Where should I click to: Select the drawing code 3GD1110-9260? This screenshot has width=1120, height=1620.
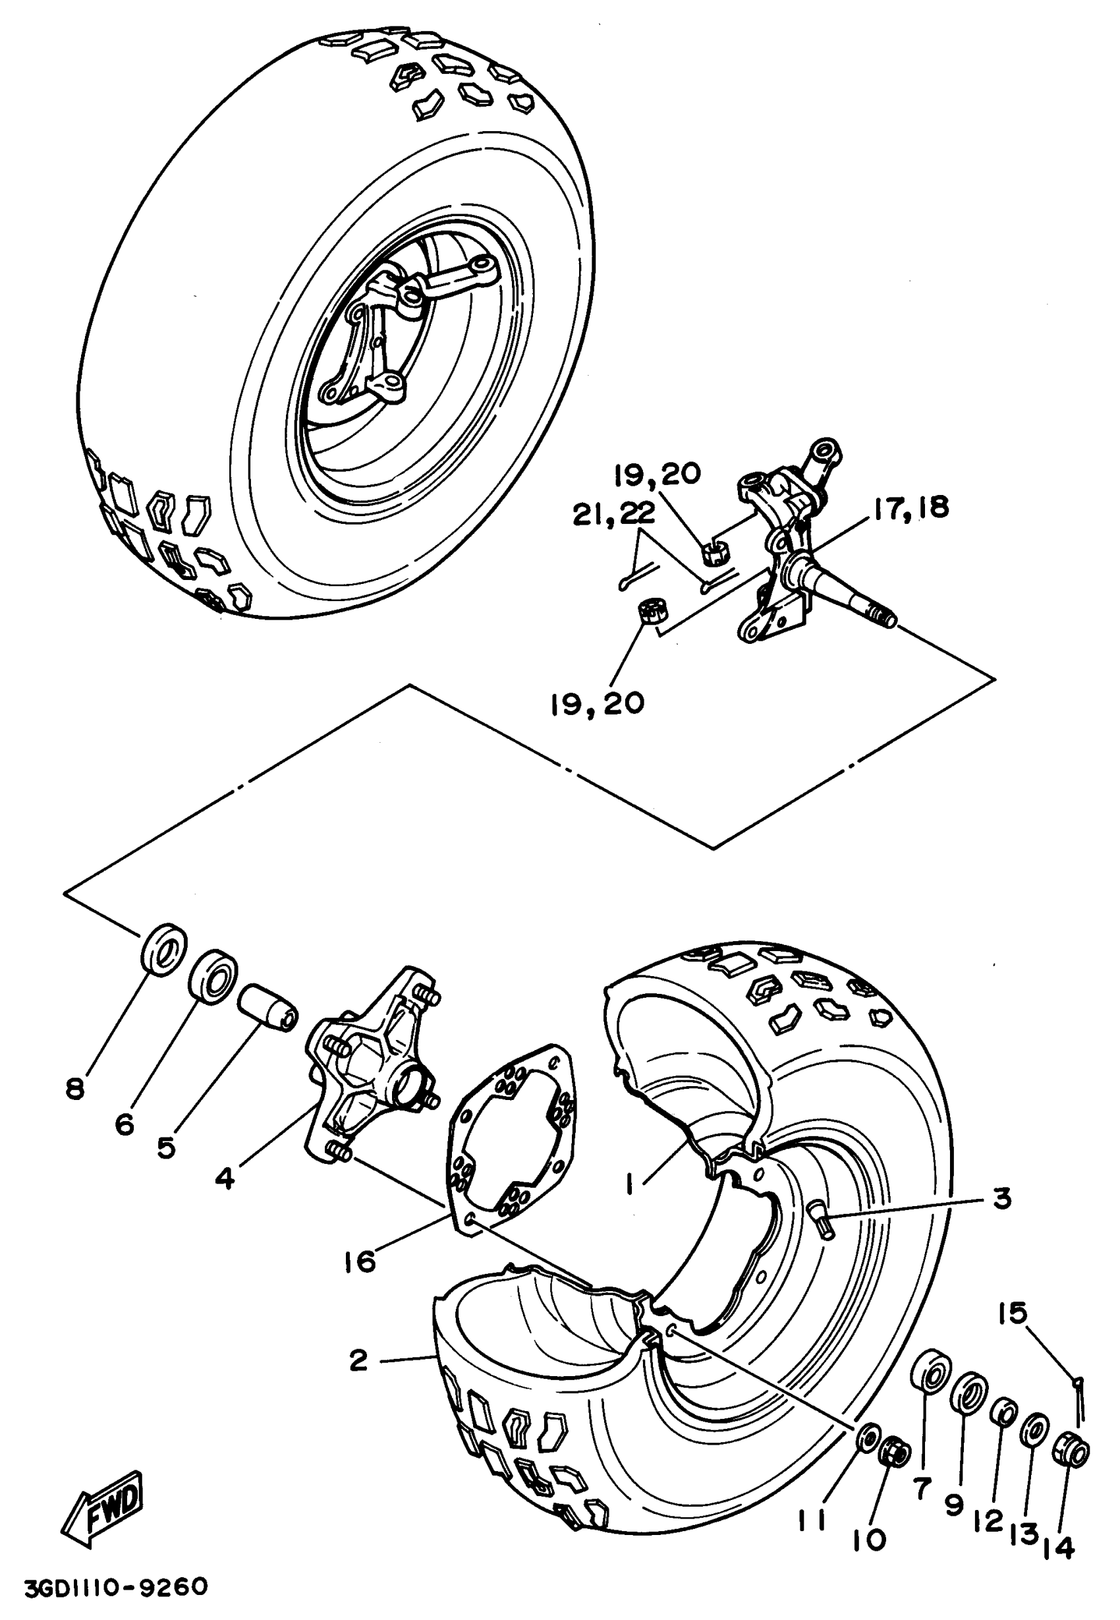tap(116, 1587)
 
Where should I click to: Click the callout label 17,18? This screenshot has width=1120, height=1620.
tap(911, 507)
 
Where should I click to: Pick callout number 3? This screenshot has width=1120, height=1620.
tap(1003, 1198)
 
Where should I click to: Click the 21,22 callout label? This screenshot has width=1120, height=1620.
tap(613, 514)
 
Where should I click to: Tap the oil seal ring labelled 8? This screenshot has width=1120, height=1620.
tap(164, 949)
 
